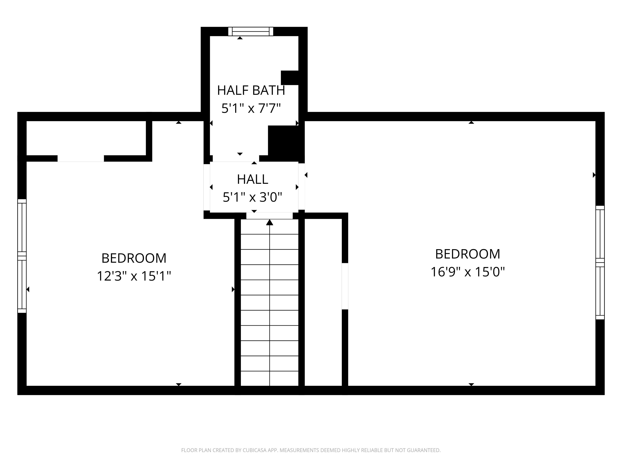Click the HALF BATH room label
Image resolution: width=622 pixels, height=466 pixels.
pos(251,90)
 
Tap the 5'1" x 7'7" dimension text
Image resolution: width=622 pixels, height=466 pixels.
pos(251,108)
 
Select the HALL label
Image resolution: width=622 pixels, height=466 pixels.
pos(252,179)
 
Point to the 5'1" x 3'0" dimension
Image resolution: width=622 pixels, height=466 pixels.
pos(252,197)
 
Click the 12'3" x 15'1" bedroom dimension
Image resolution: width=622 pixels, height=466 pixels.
pos(134,276)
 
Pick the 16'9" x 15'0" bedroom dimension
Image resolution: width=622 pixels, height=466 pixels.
pos(468,272)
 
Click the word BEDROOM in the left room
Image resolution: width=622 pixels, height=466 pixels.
pos(134,258)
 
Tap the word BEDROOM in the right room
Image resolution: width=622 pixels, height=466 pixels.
pos(468,254)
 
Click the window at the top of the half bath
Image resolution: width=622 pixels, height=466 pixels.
pos(250,32)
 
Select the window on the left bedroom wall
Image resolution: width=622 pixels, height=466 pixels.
pos(22,256)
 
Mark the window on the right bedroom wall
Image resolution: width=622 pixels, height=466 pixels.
pos(600,263)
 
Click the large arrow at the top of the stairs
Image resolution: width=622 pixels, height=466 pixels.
pos(270,222)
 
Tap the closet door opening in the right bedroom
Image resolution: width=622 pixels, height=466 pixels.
pos(345,286)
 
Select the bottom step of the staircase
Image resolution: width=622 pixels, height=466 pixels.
pos(270,378)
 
